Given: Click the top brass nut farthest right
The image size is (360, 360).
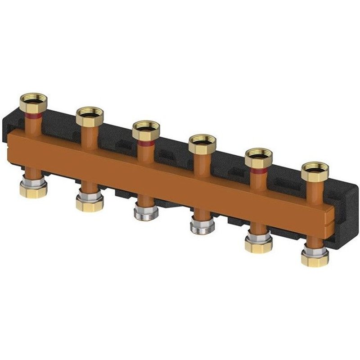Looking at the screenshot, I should point(315,171).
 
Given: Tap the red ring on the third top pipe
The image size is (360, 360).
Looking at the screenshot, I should point(147,143).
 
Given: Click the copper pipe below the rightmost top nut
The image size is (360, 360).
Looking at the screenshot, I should point(315,189).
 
